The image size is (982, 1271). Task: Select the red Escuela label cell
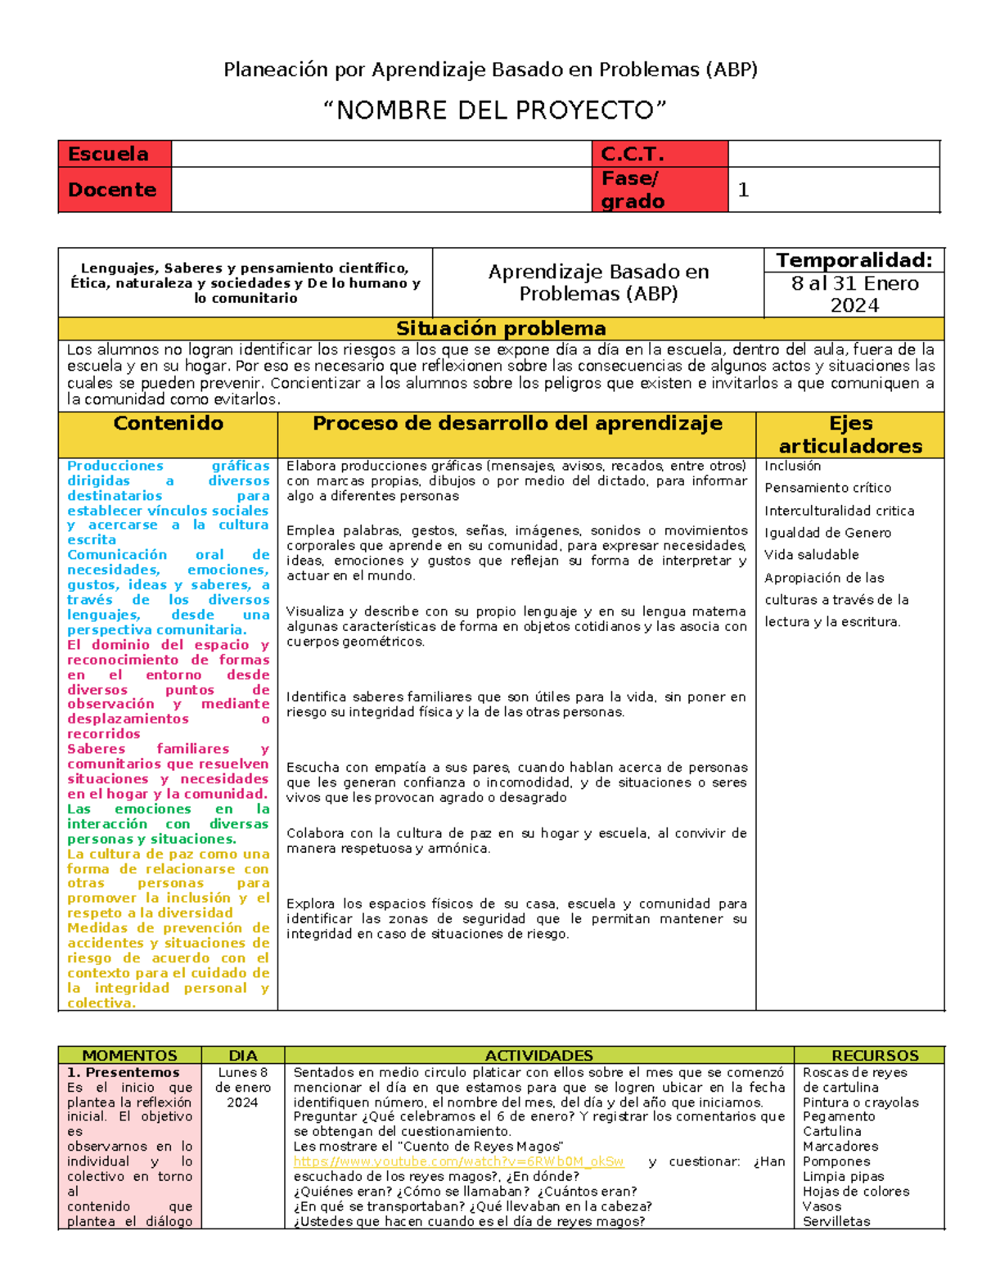coord(115,154)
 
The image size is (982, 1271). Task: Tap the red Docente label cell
coord(115,190)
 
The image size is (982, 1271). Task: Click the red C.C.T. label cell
coord(660,154)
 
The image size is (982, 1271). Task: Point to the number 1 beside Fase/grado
coord(743,190)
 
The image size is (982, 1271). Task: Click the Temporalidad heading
coord(854,260)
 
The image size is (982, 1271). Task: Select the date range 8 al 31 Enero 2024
coord(854,295)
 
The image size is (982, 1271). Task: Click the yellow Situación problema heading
coord(501,328)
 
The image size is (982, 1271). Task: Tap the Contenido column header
coord(168,424)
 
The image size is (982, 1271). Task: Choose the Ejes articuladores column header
coord(850,435)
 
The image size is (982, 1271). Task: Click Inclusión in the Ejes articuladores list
coord(792,466)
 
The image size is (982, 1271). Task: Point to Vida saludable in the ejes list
coord(812,555)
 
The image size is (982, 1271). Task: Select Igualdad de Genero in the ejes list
coord(827,533)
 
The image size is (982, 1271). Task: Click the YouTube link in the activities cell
coord(458,1162)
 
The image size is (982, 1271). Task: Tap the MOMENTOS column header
coord(129,1056)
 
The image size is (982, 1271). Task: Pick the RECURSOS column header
coord(875,1056)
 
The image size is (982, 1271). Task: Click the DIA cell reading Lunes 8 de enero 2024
coord(242,1088)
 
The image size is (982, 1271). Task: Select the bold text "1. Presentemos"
coord(123,1072)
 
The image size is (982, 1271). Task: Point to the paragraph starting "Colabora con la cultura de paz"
coord(516,841)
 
